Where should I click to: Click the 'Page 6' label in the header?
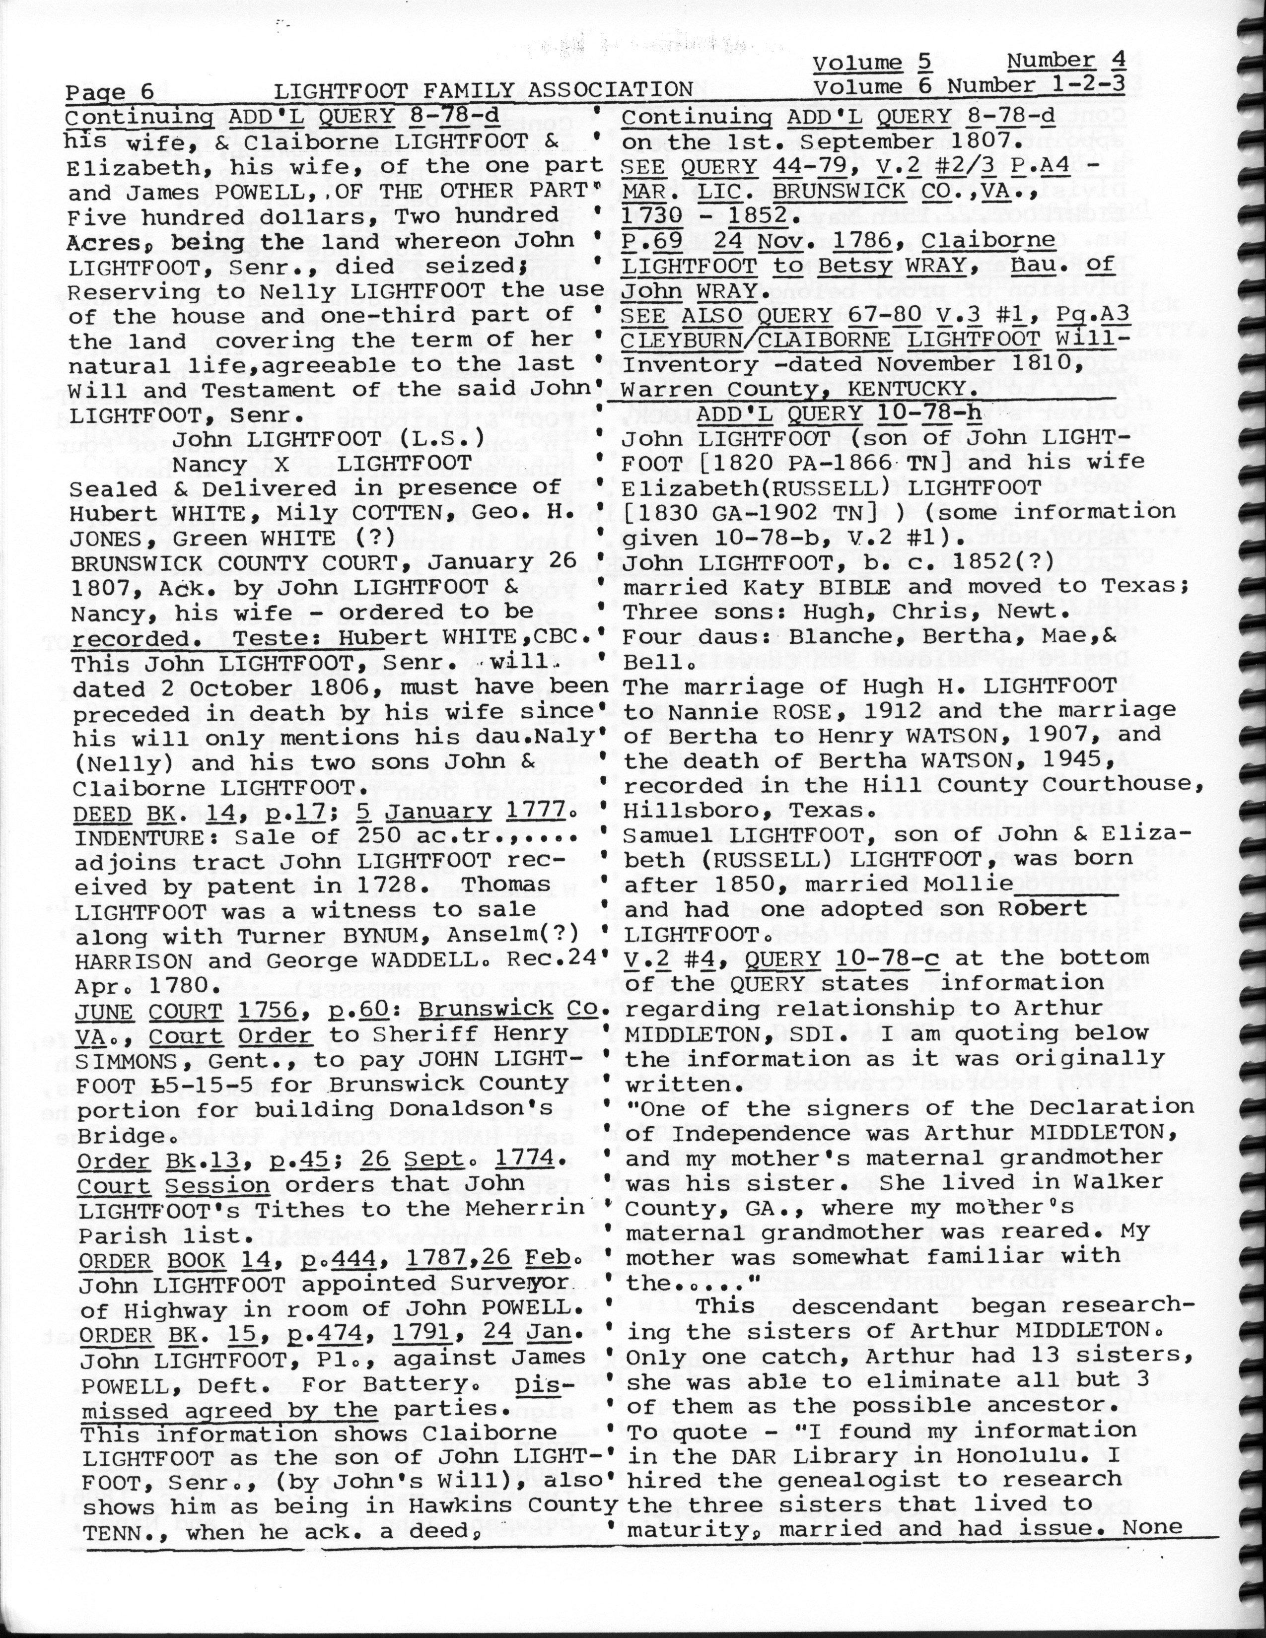click(110, 91)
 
